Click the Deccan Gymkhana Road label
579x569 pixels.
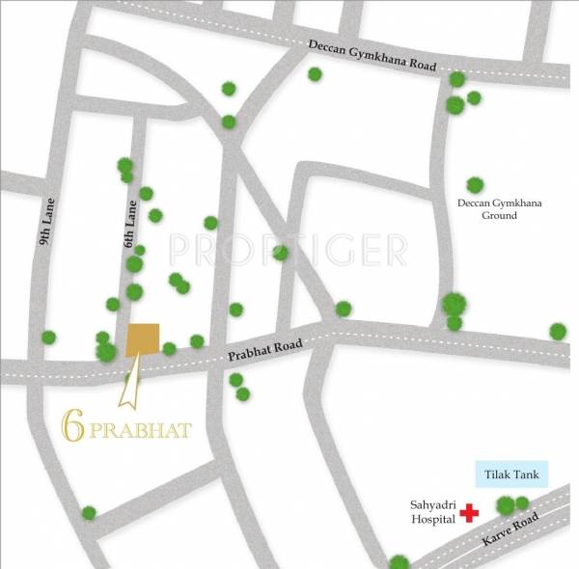pyautogui.click(x=372, y=55)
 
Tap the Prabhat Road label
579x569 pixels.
pyautogui.click(x=265, y=350)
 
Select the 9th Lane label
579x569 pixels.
pyautogui.click(x=48, y=221)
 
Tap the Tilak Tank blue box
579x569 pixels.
pyautogui.click(x=511, y=474)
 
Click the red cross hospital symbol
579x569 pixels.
pyautogui.click(x=470, y=512)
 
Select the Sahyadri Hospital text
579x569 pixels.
pyautogui.click(x=431, y=511)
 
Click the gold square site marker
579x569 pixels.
pyautogui.click(x=144, y=339)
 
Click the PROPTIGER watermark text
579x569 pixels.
pyautogui.click(x=287, y=249)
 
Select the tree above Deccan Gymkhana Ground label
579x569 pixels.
pyautogui.click(x=474, y=184)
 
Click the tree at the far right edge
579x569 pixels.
pyautogui.click(x=558, y=331)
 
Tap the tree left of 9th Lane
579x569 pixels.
pyautogui.click(x=48, y=338)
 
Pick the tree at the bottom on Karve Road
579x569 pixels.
pyautogui.click(x=399, y=561)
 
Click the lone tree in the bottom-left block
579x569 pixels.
pyautogui.click(x=89, y=513)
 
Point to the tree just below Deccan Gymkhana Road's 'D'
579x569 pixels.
pyautogui.click(x=315, y=74)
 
